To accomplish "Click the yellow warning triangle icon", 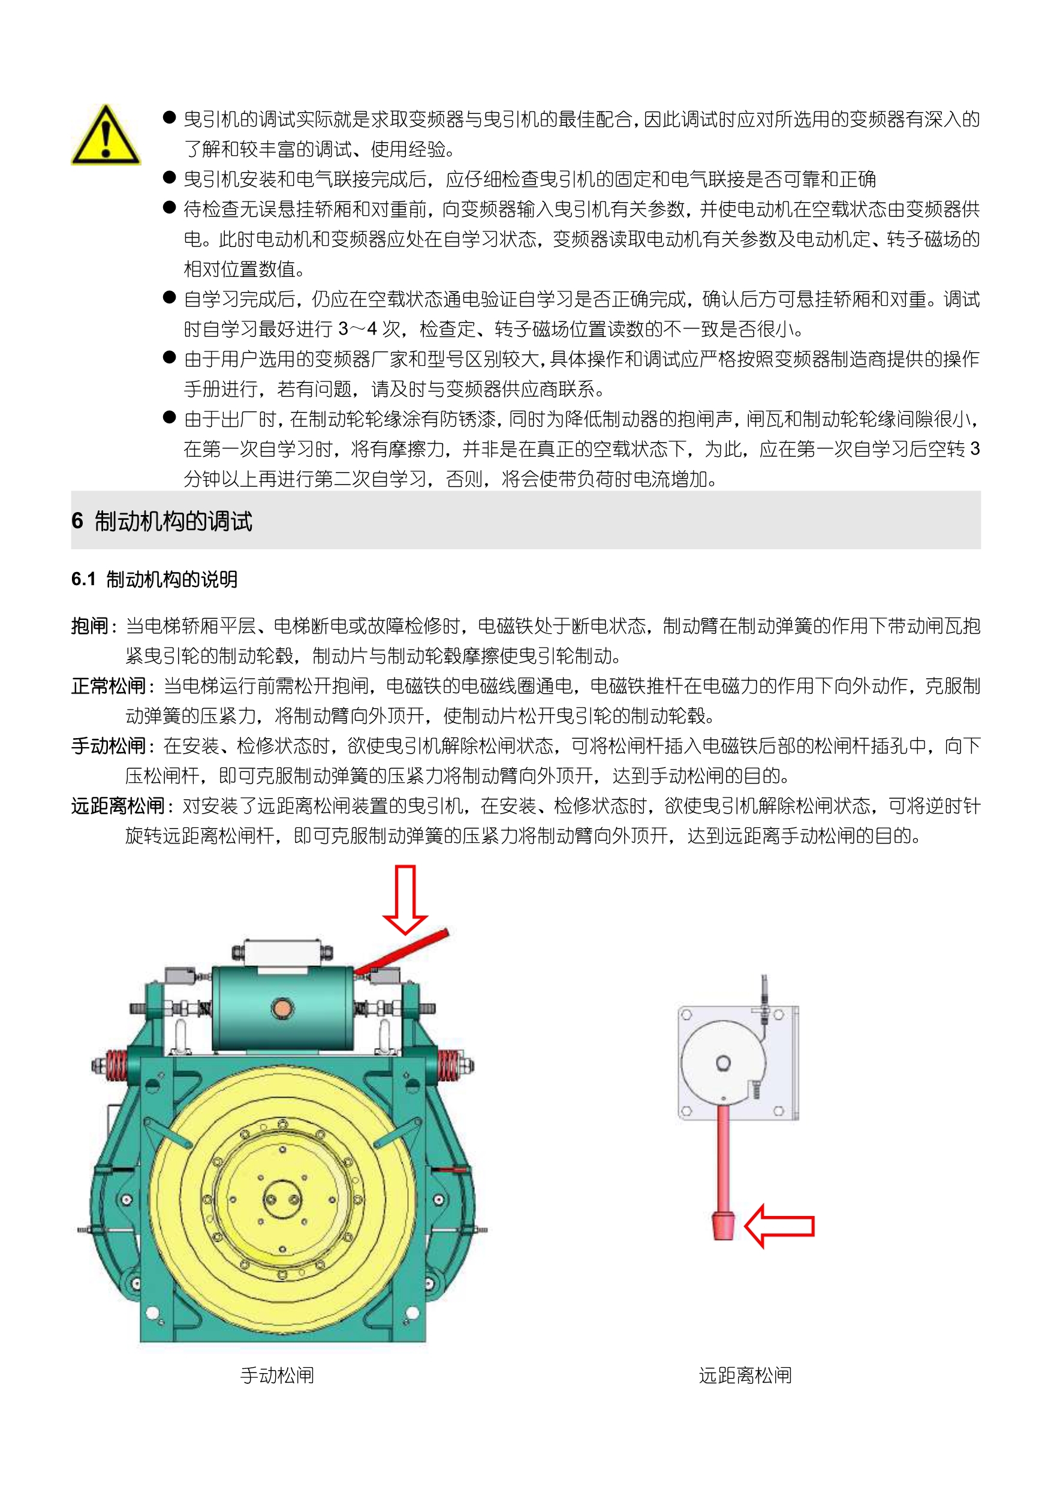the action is [106, 136].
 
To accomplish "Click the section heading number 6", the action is [77, 520].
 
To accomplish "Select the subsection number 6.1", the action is [83, 579].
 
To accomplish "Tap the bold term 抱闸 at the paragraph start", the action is [90, 625].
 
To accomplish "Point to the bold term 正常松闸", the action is [109, 686].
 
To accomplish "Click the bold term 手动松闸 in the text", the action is [109, 746].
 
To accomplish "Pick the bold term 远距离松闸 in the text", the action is [119, 806].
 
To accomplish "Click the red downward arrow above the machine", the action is [405, 899].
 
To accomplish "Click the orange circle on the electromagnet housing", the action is [282, 1009].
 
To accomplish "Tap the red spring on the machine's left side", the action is [116, 1065].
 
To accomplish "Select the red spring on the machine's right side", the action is [448, 1065].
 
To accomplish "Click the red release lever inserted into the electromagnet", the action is [402, 952].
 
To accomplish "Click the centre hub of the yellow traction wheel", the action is [282, 1199].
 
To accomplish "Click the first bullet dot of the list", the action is [170, 118].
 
